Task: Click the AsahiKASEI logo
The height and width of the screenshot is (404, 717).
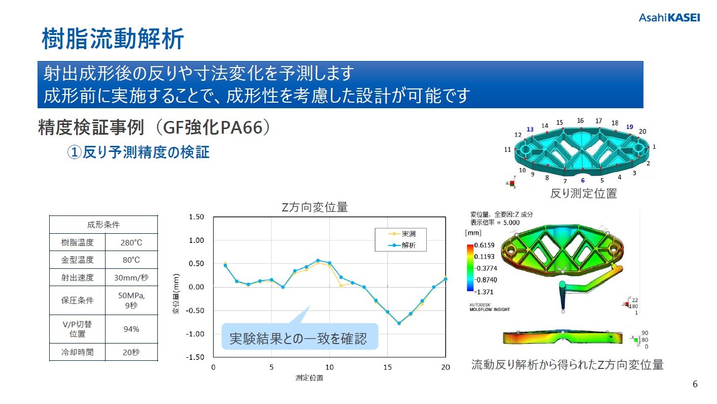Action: tap(669, 18)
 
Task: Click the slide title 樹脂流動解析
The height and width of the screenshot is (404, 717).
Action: tap(112, 40)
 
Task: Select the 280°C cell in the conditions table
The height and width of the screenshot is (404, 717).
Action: tap(131, 243)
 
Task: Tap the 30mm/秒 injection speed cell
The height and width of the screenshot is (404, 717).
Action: tap(131, 278)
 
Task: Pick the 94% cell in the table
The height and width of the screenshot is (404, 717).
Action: tap(131, 329)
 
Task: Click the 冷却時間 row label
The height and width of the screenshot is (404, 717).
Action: tap(78, 352)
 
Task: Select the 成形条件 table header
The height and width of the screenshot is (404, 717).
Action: tap(104, 225)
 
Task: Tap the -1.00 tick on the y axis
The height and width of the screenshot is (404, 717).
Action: tap(195, 334)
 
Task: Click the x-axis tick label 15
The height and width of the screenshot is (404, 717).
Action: tap(387, 367)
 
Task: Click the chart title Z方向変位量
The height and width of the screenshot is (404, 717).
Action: tap(315, 207)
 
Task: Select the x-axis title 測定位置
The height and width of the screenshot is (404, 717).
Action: tap(309, 378)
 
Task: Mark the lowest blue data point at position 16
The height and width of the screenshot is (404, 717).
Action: tap(399, 323)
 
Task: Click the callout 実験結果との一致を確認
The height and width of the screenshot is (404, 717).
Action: tap(300, 339)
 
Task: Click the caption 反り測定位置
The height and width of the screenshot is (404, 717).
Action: tap(583, 194)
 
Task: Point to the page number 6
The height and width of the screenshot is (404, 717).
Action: tap(695, 384)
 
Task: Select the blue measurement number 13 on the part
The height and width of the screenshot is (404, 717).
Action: tap(530, 130)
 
